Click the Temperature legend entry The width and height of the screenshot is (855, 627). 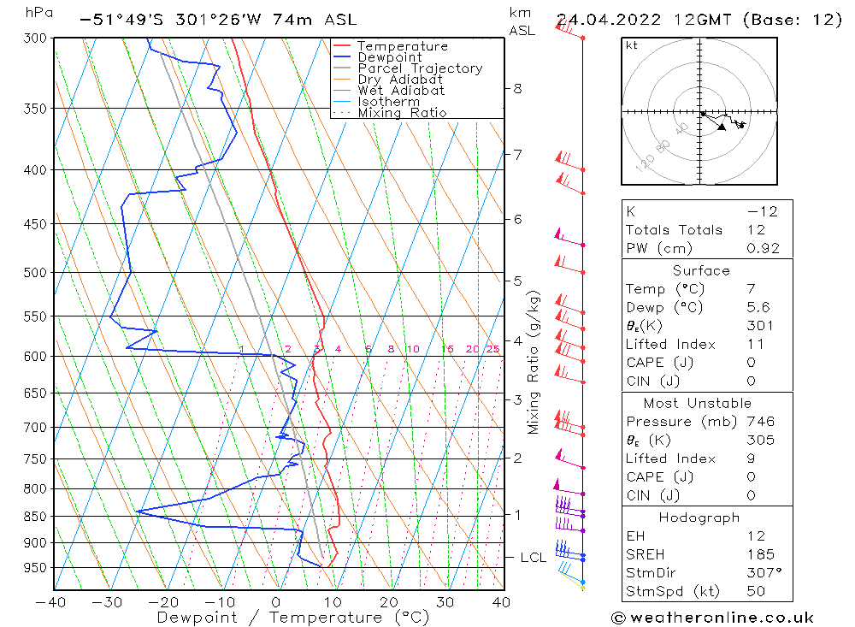pyautogui.click(x=402, y=46)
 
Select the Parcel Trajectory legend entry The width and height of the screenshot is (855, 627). pyautogui.click(x=420, y=68)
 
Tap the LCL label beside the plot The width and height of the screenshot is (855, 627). pyautogui.click(x=533, y=558)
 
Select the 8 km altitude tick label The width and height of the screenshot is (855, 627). pyautogui.click(x=517, y=88)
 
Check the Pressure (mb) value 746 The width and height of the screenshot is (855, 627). pyautogui.click(x=760, y=422)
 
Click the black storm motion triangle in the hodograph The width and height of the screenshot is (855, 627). pyautogui.click(x=722, y=127)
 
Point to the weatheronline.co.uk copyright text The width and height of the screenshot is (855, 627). pyautogui.click(x=712, y=618)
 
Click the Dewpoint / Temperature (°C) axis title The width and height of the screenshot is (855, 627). pyautogui.click(x=277, y=618)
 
